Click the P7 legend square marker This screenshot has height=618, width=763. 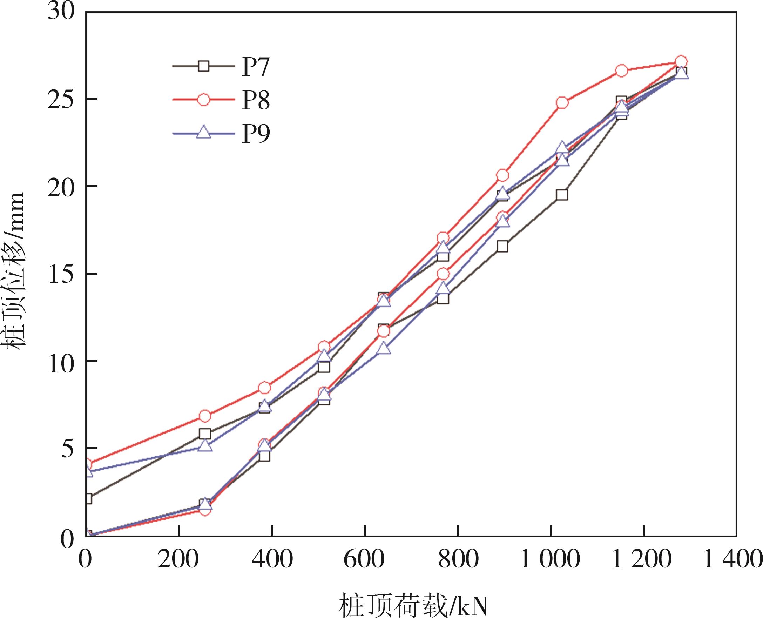(204, 66)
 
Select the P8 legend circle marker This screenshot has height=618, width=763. (204, 100)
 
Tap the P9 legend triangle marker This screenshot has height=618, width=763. (204, 133)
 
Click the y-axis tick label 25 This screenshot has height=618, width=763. (61, 99)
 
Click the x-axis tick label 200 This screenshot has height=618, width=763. (178, 559)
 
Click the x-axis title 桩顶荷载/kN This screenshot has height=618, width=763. (413, 605)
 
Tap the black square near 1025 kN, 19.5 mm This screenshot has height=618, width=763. (562, 195)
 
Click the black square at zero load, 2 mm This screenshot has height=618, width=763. (87, 498)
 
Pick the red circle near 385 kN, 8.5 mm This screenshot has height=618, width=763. (264, 388)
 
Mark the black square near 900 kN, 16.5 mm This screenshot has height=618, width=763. (502, 246)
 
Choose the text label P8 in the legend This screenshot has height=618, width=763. (256, 100)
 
